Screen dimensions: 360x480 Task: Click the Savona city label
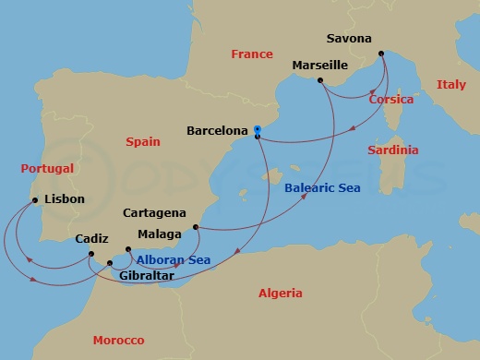click(x=349, y=39)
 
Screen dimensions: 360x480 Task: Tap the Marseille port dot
click(x=318, y=81)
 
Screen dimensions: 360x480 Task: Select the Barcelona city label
click(x=217, y=131)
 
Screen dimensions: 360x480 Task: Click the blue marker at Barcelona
click(x=258, y=129)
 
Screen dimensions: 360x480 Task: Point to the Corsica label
click(x=390, y=99)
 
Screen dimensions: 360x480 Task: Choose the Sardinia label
click(x=392, y=150)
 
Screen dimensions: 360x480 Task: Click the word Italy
click(x=450, y=85)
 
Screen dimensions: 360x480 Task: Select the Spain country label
click(x=142, y=141)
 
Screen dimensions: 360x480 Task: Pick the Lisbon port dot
click(x=34, y=199)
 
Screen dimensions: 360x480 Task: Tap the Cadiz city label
click(x=92, y=237)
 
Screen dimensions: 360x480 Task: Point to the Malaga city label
click(x=159, y=234)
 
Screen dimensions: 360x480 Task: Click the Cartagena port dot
click(x=195, y=226)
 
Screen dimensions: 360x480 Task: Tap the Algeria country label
click(x=280, y=293)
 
